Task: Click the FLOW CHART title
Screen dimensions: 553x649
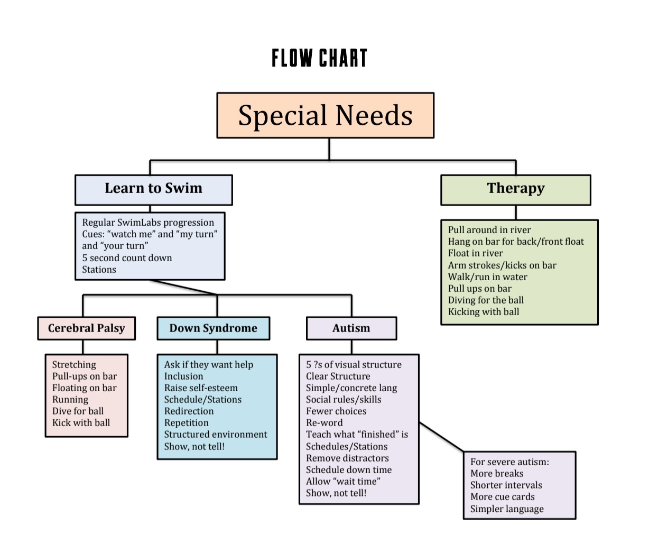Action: click(319, 58)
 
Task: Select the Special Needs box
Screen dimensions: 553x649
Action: click(325, 116)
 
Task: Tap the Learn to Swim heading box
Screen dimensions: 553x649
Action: click(153, 189)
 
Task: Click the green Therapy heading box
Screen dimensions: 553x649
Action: click(515, 189)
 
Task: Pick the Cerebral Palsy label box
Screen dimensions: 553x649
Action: click(86, 328)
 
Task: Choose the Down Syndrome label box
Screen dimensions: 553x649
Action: click(213, 328)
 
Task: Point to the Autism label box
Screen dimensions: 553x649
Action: click(351, 328)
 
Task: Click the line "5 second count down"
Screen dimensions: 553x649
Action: click(127, 258)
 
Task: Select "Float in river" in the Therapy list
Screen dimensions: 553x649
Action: click(475, 253)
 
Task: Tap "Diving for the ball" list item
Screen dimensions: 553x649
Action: click(486, 300)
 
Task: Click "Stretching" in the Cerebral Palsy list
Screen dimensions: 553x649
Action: click(74, 365)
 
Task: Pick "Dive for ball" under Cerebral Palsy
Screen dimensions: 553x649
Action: click(78, 411)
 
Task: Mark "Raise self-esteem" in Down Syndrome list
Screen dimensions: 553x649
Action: click(201, 388)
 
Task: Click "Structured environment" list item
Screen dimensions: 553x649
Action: click(216, 435)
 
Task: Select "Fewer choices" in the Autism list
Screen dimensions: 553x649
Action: click(336, 411)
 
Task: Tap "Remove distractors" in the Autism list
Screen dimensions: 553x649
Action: click(347, 458)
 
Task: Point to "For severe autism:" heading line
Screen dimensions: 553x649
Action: click(509, 462)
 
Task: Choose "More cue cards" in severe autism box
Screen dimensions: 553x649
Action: click(502, 497)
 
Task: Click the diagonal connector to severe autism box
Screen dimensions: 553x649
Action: click(441, 437)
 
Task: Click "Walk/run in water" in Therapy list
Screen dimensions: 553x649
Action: click(487, 277)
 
